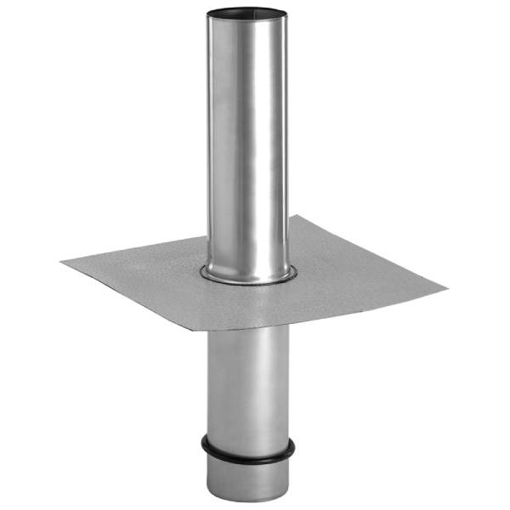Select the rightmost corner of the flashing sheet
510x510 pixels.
[x=447, y=288]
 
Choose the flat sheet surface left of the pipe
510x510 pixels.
[x=144, y=272]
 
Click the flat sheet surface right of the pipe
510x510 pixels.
[x=357, y=272]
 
